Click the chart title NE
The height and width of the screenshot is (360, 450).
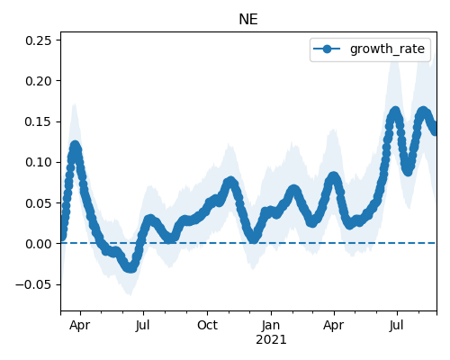click(x=248, y=20)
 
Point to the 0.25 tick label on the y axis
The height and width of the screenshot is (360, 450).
click(x=38, y=40)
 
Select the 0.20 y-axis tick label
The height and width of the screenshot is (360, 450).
click(x=38, y=81)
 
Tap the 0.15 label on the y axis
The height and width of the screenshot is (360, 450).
click(x=38, y=121)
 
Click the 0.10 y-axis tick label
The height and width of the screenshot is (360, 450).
click(x=38, y=162)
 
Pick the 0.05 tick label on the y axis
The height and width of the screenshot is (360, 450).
click(x=38, y=203)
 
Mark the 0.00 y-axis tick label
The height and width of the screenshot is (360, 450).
click(x=38, y=244)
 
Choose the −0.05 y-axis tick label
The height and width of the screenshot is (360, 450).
click(x=33, y=284)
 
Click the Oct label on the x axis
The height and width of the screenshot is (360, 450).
click(x=207, y=325)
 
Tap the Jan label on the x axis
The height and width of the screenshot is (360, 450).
click(x=271, y=325)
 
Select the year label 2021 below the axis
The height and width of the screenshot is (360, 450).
click(x=271, y=340)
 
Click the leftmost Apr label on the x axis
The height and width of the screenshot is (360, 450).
click(x=79, y=326)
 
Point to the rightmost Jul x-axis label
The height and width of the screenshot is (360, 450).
click(x=396, y=326)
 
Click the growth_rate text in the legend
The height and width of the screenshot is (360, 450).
click(x=387, y=49)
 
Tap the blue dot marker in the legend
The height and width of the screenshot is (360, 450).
click(x=327, y=49)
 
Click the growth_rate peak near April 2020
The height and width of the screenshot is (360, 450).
click(x=75, y=147)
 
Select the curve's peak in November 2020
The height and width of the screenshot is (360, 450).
click(x=230, y=182)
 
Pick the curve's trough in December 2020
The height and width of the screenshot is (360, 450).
click(x=254, y=238)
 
